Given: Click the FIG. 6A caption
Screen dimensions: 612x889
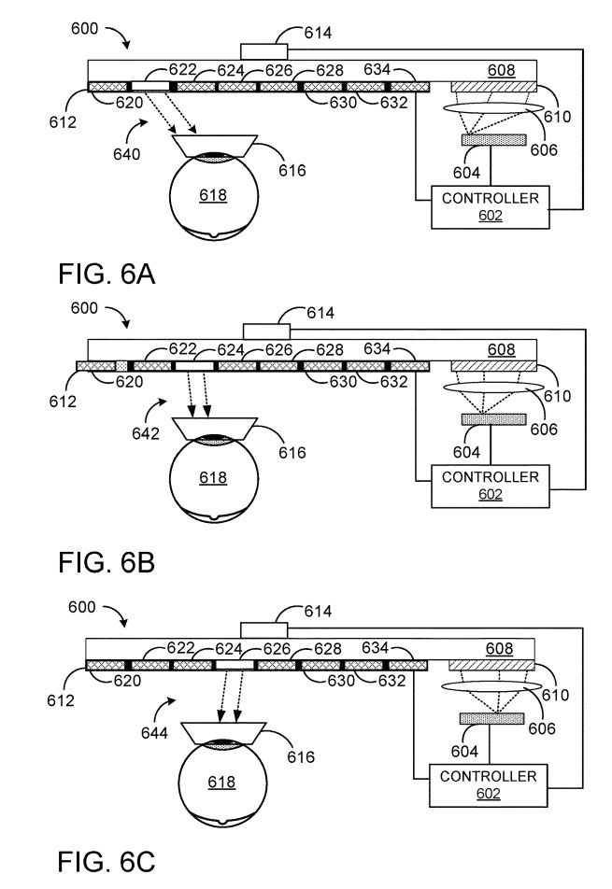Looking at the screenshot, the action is click(x=107, y=275).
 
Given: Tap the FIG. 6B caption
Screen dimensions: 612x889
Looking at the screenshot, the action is click(x=107, y=562).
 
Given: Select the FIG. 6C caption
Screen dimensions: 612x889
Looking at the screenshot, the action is click(x=107, y=862).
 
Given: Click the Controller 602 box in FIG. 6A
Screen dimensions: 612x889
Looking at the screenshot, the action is click(x=490, y=207).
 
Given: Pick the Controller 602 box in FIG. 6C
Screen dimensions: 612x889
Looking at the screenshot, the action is click(x=488, y=785).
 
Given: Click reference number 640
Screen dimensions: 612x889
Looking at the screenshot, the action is click(x=126, y=154).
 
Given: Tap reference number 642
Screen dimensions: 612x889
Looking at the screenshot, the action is click(x=146, y=433).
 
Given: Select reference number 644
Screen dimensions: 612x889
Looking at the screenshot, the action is click(x=154, y=733).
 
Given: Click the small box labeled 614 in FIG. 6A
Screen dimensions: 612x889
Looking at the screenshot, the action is click(x=263, y=51).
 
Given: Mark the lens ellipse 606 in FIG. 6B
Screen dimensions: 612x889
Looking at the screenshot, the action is click(x=493, y=388).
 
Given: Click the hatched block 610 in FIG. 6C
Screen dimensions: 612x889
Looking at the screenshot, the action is click(x=491, y=665).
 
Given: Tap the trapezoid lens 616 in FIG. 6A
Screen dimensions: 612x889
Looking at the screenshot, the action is click(x=214, y=145).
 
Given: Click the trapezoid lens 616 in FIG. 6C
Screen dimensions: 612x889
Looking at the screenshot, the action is click(x=223, y=732).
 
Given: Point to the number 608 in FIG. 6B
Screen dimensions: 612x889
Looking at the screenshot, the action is click(x=502, y=349).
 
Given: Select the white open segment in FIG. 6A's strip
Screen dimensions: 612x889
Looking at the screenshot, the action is click(x=150, y=86).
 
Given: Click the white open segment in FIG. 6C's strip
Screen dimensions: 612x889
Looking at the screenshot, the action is click(x=235, y=665).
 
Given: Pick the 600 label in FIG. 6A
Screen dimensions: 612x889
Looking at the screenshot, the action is click(x=84, y=28).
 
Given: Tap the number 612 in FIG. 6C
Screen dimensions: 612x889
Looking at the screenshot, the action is click(x=60, y=700).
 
